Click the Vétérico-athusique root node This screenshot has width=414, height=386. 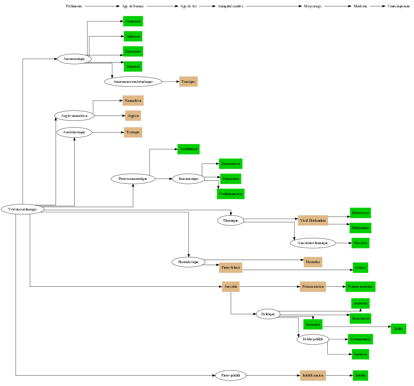click(23, 209)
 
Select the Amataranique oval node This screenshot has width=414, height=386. click(74, 59)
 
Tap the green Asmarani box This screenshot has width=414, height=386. click(133, 21)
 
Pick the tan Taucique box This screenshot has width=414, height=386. click(188, 81)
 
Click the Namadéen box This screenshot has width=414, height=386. click(133, 100)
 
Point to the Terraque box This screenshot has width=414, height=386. click(133, 132)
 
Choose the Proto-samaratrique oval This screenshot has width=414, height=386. click(133, 178)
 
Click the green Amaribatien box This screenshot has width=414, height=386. click(188, 149)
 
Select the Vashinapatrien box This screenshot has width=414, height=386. click(231, 194)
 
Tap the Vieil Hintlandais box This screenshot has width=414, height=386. click(313, 220)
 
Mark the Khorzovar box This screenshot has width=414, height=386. click(360, 213)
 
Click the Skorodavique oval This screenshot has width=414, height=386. click(188, 262)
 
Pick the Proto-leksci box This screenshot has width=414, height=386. click(231, 267)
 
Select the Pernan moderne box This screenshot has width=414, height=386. click(360, 286)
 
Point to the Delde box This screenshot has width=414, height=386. click(398, 329)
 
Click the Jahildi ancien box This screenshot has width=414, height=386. click(313, 375)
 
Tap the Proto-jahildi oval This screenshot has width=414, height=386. click(231, 375)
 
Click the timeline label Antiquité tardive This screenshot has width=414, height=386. click(231, 6)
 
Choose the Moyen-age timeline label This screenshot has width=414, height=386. click(313, 6)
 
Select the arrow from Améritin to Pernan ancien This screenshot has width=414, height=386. click(270, 286)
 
